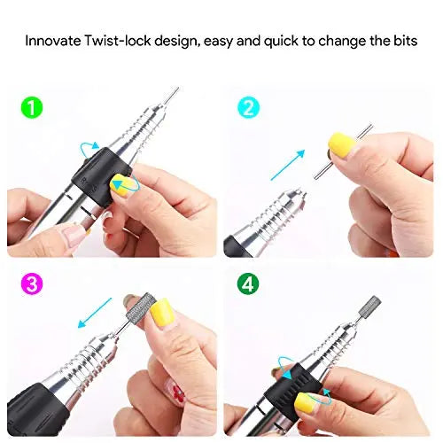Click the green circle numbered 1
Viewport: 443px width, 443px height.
point(32,107)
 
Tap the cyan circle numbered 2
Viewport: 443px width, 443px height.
point(248,107)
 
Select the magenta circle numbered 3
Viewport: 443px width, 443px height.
point(32,284)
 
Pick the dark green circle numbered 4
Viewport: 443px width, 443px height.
point(248,284)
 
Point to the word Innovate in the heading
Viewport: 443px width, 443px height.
point(52,41)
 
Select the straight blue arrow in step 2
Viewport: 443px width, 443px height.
point(288,165)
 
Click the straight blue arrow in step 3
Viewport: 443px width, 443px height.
point(95,313)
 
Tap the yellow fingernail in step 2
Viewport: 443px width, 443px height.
point(343,144)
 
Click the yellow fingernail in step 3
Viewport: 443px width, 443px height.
point(162,312)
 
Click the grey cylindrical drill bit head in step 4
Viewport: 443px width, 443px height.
point(369,306)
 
